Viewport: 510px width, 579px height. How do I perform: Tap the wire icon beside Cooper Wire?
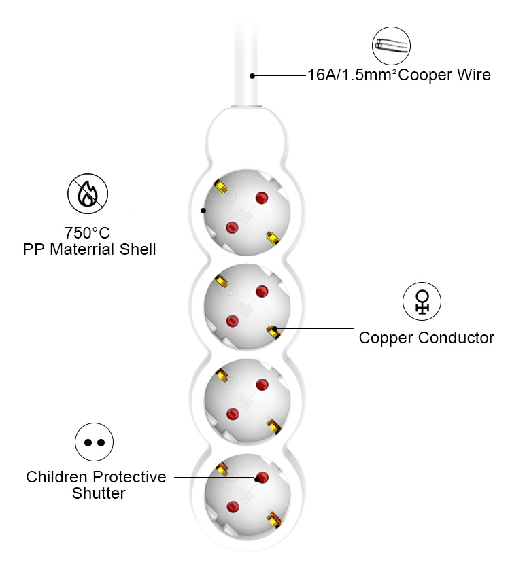pyautogui.click(x=392, y=46)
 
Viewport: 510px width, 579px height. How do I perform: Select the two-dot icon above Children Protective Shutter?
pyautogui.click(x=94, y=442)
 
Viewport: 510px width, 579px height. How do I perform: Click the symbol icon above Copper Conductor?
pyautogui.click(x=422, y=302)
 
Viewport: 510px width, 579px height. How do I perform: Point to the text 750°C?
pyautogui.click(x=87, y=233)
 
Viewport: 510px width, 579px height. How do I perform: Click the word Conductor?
pyautogui.click(x=456, y=338)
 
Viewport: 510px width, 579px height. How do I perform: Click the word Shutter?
pyautogui.click(x=99, y=494)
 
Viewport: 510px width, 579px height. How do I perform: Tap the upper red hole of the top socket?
pyautogui.click(x=261, y=198)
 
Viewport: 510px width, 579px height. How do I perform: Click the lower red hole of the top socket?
pyautogui.click(x=231, y=227)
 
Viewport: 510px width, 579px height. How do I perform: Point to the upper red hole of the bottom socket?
pyautogui.click(x=261, y=477)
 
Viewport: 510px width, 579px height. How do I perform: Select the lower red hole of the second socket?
pyautogui.click(x=232, y=320)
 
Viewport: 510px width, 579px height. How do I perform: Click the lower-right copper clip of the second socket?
pyautogui.click(x=273, y=332)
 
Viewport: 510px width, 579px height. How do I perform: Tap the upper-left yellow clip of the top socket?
pyautogui.click(x=220, y=186)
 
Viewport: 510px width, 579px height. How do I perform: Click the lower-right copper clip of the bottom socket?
pyautogui.click(x=273, y=520)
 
